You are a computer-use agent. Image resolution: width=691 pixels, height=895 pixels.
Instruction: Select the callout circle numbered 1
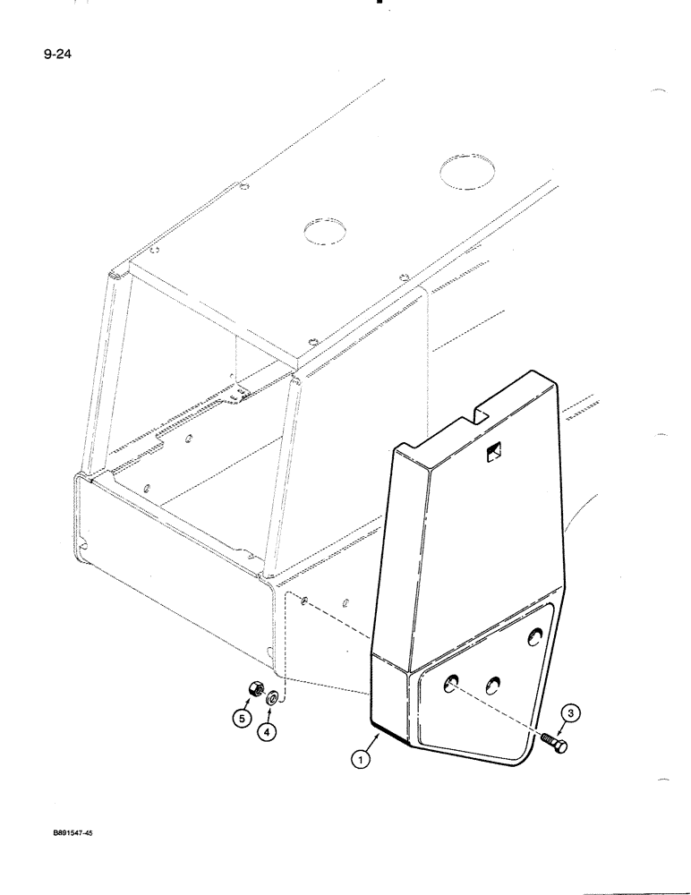coord(359,760)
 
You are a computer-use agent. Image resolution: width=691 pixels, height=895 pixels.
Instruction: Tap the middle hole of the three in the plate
coord(492,685)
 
